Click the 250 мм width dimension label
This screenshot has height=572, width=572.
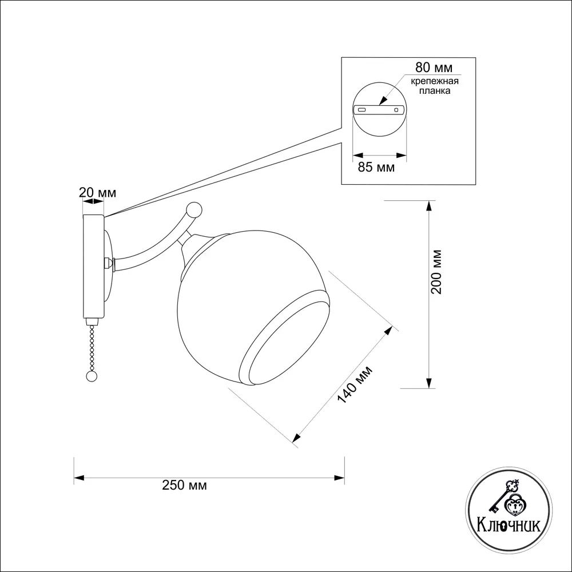[x=184, y=486]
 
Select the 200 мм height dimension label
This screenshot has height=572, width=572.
[x=436, y=272]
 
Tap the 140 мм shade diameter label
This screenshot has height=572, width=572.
[x=355, y=384]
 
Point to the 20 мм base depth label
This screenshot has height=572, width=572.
[x=97, y=192]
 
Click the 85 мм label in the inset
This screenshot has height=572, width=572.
[x=376, y=167]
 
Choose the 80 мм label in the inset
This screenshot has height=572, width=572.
[x=434, y=67]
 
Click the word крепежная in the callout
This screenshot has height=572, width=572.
[x=435, y=81]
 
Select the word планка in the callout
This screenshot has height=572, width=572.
[x=435, y=91]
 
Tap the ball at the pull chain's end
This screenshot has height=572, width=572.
[x=91, y=376]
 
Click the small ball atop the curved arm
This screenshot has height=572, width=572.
[x=194, y=210]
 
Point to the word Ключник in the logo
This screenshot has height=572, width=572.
[x=509, y=526]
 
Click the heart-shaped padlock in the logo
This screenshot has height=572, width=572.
[x=515, y=506]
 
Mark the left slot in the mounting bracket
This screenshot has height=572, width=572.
[x=362, y=109]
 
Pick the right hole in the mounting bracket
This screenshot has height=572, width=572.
[x=396, y=109]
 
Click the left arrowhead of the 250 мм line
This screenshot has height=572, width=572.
[x=79, y=478]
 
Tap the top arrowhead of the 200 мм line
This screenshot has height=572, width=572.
[x=429, y=206]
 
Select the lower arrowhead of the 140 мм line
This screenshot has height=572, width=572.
[x=297, y=438]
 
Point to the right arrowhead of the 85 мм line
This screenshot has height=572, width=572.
[x=402, y=156]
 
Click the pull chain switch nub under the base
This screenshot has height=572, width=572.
[x=92, y=321]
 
